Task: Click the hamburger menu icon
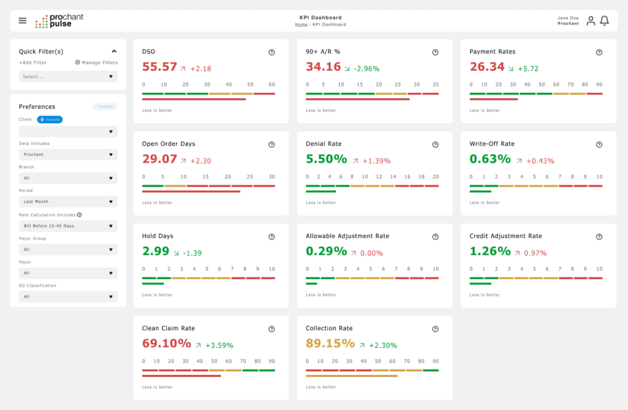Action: click(x=23, y=20)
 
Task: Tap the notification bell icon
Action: click(x=604, y=21)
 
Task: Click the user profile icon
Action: click(x=591, y=21)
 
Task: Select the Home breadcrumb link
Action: click(x=301, y=25)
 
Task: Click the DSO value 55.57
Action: click(x=159, y=67)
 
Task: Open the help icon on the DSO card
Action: click(x=272, y=52)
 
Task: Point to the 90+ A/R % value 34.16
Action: click(x=323, y=67)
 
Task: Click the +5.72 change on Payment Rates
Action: click(x=528, y=69)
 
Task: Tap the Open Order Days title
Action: click(x=169, y=144)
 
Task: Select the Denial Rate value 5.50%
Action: click(x=326, y=159)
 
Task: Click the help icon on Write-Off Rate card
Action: click(x=599, y=144)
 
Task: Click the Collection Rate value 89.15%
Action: click(x=330, y=343)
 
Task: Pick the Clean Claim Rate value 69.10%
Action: click(x=166, y=343)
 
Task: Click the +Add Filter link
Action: click(x=33, y=63)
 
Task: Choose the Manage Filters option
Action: click(x=96, y=63)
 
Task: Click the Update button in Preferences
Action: click(x=105, y=106)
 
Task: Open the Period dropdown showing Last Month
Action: click(x=68, y=201)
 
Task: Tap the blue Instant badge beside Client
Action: click(x=50, y=120)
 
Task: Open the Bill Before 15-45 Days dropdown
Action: click(x=68, y=226)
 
